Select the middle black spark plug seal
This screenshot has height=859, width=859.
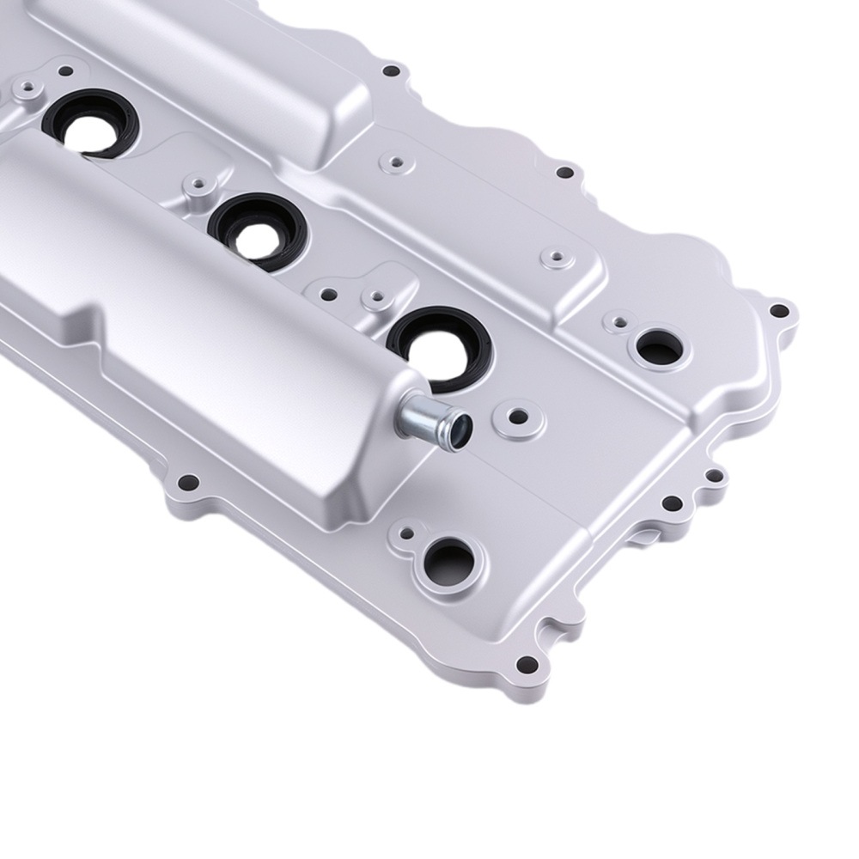coord(255,228)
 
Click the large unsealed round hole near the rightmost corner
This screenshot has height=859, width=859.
coord(657,347)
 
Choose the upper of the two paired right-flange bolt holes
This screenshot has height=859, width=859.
coord(713,474)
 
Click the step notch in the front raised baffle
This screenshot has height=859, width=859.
coord(94,314)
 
